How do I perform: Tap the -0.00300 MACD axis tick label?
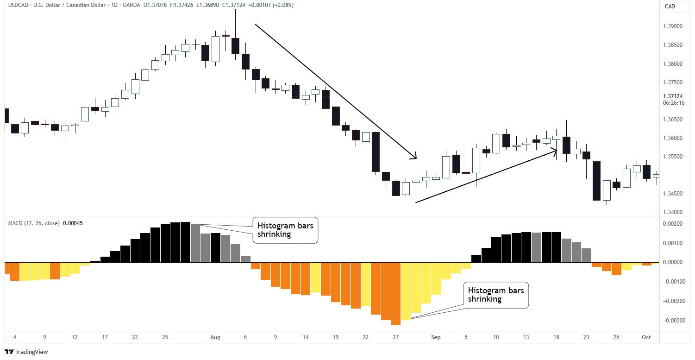pos(674,321)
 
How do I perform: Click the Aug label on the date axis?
pos(215,337)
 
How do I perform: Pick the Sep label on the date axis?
pos(435,337)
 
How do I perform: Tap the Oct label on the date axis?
pos(647,337)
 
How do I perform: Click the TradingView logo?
pos(26,352)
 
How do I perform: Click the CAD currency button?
pos(670,6)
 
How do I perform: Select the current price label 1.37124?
pos(673,97)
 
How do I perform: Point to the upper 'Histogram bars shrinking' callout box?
pos(285,230)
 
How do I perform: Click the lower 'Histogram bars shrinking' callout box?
pos(495,295)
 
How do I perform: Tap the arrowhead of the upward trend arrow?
pos(554,150)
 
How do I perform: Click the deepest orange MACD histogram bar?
pos(395,294)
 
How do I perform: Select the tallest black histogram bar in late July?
pos(185,242)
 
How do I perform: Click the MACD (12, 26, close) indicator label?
pos(33,223)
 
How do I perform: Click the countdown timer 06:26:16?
pos(673,103)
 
